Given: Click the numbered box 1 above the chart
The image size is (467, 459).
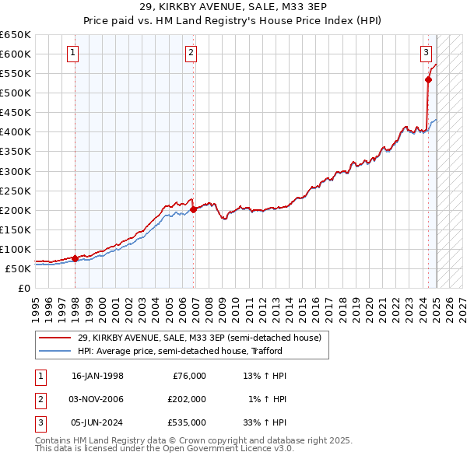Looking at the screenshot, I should coord(72,53).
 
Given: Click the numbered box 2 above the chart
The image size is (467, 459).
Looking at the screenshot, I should coord(191,53).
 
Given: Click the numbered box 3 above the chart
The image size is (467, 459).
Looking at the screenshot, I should coord(427,53).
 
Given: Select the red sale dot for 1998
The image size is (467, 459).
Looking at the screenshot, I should coord(75,258).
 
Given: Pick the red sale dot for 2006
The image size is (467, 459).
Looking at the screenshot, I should coord(194,209).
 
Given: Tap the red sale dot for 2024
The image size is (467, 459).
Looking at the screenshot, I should coord(428,79).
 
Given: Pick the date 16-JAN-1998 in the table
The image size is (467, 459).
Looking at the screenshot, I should coord(97,376).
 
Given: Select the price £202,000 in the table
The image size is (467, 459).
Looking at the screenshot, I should coord(186,399).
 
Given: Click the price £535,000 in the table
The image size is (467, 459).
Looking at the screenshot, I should coord(186,422).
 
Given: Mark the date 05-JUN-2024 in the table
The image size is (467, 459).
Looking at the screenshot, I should coord(97,422).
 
